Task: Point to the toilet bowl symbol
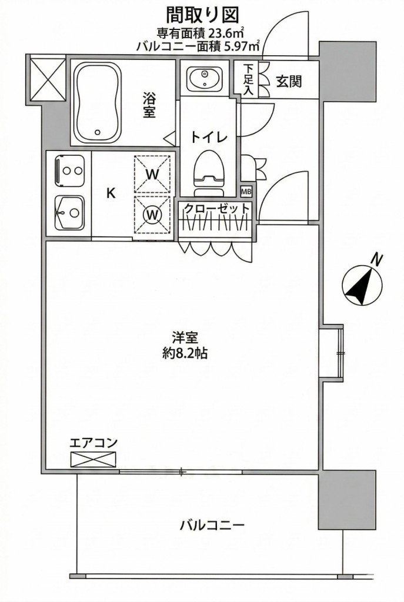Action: tap(209, 170)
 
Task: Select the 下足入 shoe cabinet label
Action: tap(249, 79)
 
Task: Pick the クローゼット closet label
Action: tap(217, 208)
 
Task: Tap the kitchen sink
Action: tap(69, 212)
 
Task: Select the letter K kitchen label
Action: tap(110, 194)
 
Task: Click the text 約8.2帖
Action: tap(185, 354)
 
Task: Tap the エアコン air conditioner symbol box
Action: tap(94, 459)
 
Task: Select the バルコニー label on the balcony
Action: tap(212, 525)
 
